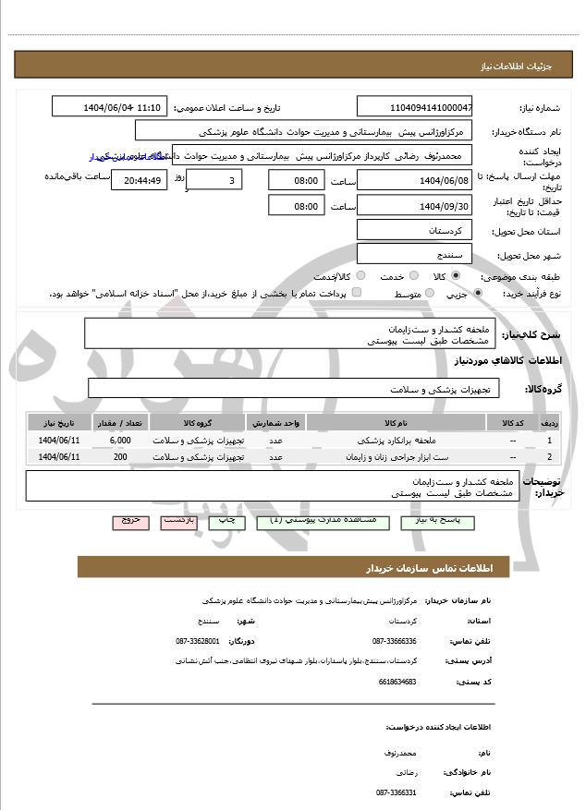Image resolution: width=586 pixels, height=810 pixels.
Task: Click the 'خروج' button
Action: coord(129,521)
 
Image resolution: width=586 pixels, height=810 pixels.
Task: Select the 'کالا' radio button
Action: coord(456,276)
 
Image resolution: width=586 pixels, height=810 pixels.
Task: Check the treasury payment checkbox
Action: coord(357,294)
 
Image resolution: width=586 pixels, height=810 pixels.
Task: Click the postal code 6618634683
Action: coord(397,682)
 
